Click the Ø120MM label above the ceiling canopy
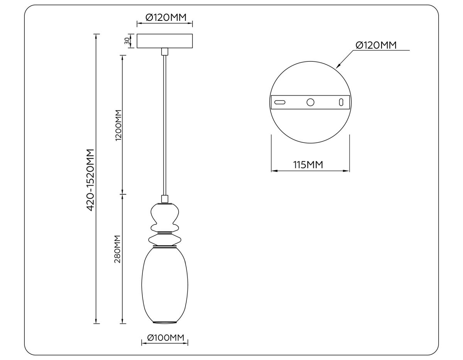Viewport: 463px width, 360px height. pos(165,17)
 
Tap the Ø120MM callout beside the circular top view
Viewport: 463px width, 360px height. pos(376,45)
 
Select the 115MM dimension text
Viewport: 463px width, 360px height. pos(308,165)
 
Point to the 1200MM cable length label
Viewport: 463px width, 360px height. pos(118,125)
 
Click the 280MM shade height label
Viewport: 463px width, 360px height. pos(118,249)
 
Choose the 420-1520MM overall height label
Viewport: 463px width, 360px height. pos(90,179)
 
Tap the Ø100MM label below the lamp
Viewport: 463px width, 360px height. pos(165,338)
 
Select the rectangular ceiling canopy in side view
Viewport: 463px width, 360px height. pos(165,41)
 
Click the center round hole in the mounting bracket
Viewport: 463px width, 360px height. pos(310,102)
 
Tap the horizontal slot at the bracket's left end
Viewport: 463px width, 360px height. pos(280,102)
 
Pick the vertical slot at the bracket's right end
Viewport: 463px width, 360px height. pos(341,102)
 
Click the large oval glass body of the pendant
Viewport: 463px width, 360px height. pos(165,286)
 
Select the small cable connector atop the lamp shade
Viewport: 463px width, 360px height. pos(165,199)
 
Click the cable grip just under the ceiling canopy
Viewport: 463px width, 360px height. pos(165,52)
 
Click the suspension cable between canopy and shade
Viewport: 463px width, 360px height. pos(165,123)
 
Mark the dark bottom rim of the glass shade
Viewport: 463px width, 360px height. pos(165,322)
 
